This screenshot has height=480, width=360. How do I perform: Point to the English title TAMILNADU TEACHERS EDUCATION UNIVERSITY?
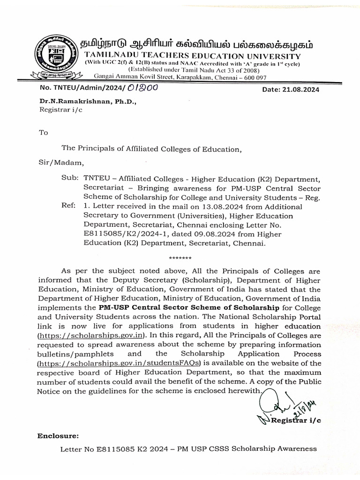coord(192,56)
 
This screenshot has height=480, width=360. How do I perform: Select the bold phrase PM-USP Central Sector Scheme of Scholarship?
coord(189,307)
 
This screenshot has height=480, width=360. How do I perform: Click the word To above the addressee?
coord(44,133)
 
